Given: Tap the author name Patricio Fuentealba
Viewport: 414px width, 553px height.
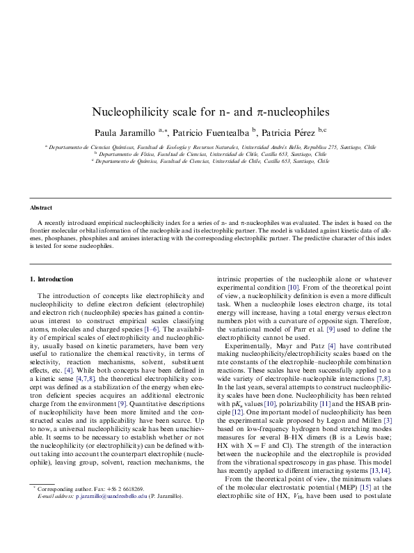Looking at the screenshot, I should pos(212,131).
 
